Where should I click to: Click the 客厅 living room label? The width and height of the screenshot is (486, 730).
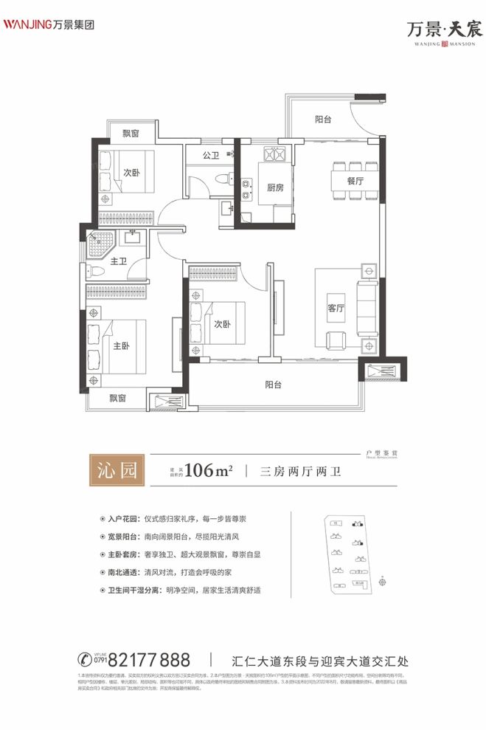pos(336,309)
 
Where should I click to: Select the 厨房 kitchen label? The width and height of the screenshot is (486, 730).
pos(266,187)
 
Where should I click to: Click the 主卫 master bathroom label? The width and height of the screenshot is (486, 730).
pos(119,261)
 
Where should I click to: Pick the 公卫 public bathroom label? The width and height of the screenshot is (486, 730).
pos(210,156)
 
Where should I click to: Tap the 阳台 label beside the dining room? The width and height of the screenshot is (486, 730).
pos(322,119)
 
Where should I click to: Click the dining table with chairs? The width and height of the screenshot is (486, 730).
pos(351,179)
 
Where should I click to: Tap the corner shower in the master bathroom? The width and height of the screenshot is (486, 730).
pos(100,244)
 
